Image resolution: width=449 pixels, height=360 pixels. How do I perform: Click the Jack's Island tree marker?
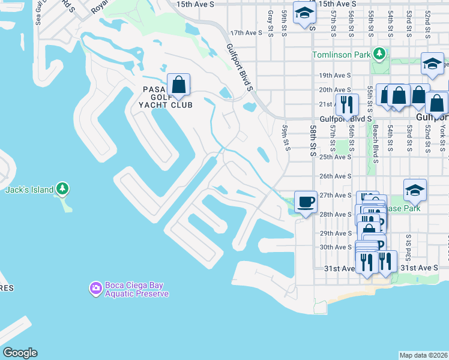pos(63,190)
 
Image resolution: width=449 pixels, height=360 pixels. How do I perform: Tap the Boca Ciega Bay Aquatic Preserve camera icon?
pos(95,289)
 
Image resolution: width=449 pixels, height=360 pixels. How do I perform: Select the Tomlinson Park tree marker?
pos(379,55)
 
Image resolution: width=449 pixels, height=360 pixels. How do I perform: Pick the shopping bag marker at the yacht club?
pos(178,85)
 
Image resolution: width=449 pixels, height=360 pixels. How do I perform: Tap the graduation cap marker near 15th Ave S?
pos(304,13)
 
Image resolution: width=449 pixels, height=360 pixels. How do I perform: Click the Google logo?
pos(20,353)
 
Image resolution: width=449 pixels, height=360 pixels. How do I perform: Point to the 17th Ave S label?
pos(247,33)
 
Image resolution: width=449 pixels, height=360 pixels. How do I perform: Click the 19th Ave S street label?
pos(334,76)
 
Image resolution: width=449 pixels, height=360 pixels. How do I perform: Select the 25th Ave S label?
pos(334,157)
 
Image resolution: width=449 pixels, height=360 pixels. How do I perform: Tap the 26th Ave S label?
pos(334,176)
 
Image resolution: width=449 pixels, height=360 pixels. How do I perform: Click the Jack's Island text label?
pos(28,190)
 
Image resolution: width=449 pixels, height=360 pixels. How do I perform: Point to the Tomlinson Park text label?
pos(340,55)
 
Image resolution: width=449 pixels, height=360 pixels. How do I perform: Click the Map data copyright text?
pos(424,355)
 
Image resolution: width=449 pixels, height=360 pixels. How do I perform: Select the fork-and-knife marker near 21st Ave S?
pos(346,104)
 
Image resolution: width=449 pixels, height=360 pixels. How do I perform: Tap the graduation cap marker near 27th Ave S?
pos(415,190)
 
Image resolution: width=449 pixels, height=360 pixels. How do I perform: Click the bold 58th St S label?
pos(313,141)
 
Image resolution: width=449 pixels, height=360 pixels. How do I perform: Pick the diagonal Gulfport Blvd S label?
pos(240,67)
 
